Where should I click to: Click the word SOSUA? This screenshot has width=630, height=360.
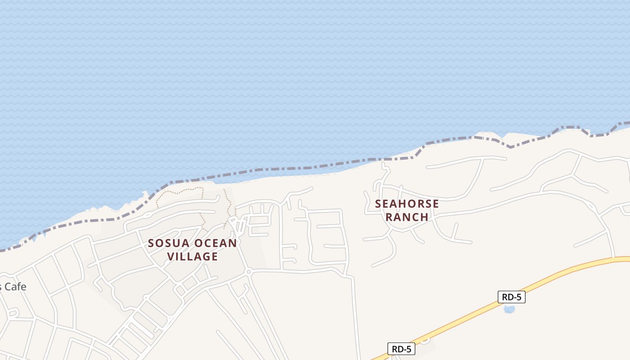[x=169, y=243]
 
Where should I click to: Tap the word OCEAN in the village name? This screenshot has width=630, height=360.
[x=216, y=243]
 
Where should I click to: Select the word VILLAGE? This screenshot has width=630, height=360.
[x=193, y=257]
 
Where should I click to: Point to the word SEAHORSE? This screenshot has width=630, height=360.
[x=407, y=204]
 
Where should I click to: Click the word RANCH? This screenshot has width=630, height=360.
[x=407, y=217]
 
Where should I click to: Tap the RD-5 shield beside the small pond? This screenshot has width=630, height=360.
[x=512, y=297]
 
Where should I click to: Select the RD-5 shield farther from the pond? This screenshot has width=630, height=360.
[x=401, y=349]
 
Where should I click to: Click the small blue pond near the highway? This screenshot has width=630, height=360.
[x=509, y=309]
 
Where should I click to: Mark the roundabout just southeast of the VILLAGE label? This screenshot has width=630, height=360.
[x=248, y=272]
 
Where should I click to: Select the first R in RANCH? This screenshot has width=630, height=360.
[x=390, y=217]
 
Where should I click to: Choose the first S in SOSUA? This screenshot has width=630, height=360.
[x=152, y=243]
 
